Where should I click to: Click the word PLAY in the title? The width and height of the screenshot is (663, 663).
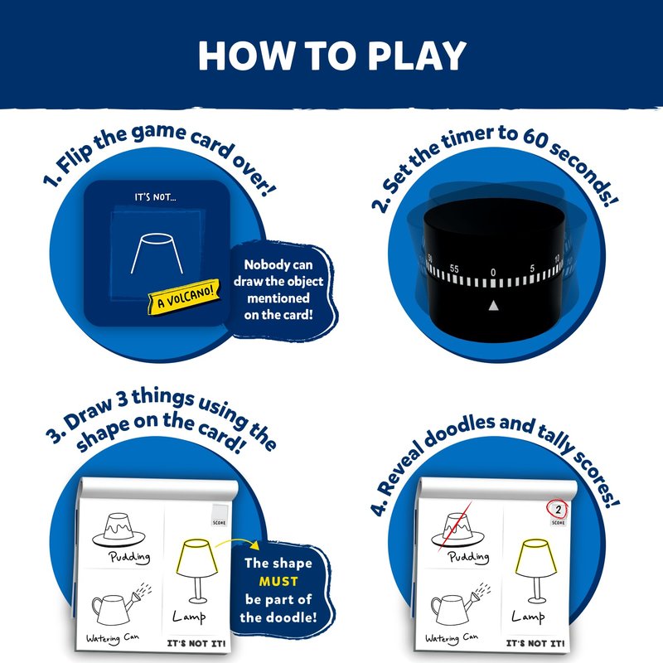pyautogui.click(x=417, y=56)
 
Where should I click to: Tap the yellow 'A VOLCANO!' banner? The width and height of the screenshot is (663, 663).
pyautogui.click(x=184, y=297)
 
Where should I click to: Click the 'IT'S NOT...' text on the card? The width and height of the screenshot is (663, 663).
pyautogui.click(x=155, y=197)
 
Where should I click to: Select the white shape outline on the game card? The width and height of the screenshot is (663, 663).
pyautogui.click(x=157, y=253)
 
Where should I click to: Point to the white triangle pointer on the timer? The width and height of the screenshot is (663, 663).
pyautogui.click(x=493, y=305)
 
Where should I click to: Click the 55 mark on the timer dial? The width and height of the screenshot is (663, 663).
pyautogui.click(x=453, y=269)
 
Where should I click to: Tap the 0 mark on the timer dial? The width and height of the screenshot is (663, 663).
pyautogui.click(x=493, y=273)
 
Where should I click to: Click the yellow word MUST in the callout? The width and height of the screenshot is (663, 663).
pyautogui.click(x=278, y=582)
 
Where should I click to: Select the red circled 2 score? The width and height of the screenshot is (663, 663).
pyautogui.click(x=557, y=510)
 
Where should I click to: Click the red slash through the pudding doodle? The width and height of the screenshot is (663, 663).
pyautogui.click(x=455, y=526)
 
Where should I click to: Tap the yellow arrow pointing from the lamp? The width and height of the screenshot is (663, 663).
pyautogui.click(x=238, y=543)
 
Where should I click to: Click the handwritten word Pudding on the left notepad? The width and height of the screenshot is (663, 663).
pyautogui.click(x=129, y=557)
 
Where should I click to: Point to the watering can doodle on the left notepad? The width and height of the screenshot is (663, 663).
pyautogui.click(x=121, y=605)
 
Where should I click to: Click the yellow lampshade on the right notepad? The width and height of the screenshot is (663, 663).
pyautogui.click(x=535, y=558)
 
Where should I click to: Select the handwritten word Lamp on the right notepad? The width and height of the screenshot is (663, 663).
pyautogui.click(x=528, y=617)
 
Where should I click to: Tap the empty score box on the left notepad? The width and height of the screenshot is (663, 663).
pyautogui.click(x=220, y=511)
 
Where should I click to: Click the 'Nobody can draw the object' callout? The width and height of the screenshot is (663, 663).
pyautogui.click(x=278, y=289)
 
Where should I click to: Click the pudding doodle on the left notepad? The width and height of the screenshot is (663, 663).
pyautogui.click(x=119, y=530)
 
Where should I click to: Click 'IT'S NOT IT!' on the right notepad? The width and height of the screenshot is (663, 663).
pyautogui.click(x=535, y=644)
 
